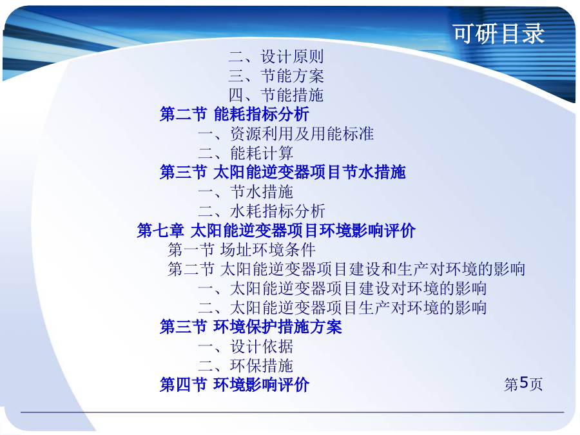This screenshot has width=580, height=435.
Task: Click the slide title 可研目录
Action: pos(499,34)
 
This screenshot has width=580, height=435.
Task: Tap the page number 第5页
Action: pos(523,384)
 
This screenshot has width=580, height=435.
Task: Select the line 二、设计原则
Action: pos(276,57)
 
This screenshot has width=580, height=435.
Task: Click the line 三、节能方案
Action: pos(276,76)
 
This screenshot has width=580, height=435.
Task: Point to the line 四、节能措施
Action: pos(276,95)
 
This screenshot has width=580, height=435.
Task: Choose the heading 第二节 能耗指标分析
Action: pos(235,114)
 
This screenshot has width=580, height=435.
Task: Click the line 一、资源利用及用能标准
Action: pos(286,133)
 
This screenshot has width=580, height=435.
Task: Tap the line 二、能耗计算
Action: pos(246,153)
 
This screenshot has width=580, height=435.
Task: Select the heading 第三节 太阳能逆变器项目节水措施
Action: pos(283,172)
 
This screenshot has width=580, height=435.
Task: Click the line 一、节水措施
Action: pos(246,191)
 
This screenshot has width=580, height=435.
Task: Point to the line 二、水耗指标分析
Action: pos(262,211)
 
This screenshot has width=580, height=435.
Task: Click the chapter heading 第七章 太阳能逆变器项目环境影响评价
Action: pos(276,231)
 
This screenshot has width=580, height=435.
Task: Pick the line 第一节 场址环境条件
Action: pos(242,249)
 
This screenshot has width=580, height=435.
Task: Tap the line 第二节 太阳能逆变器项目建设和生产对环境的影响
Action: pos(347,269)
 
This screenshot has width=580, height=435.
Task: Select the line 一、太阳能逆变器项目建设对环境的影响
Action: pos(343,288)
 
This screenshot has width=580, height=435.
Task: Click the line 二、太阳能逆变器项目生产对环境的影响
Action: pos(343,307)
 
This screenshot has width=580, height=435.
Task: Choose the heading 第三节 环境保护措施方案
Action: pos(251,327)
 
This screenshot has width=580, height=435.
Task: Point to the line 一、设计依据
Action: pos(246,346)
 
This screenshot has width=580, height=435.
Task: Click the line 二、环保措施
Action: pos(246,365)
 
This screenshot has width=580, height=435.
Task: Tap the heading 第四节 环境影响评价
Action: pos(235,385)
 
